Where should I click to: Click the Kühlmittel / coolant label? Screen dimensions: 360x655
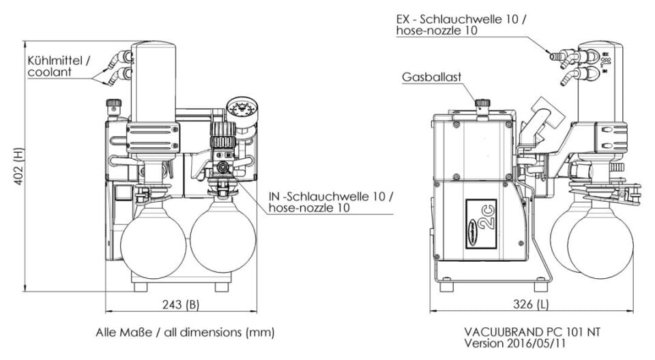point(59,66)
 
